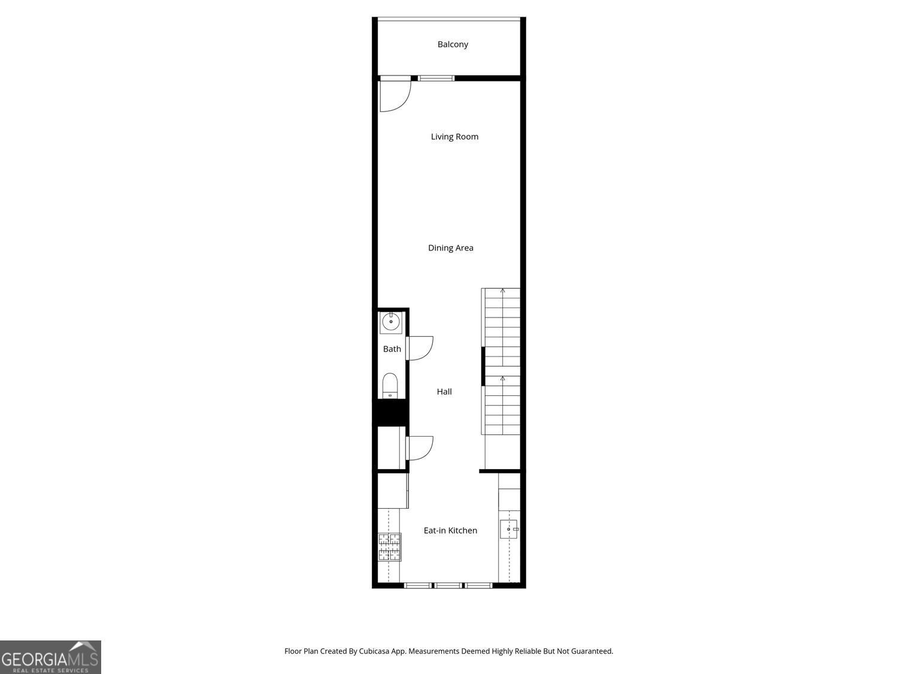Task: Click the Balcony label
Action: click(453, 44)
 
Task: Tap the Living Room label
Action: click(454, 137)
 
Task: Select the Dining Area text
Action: click(450, 248)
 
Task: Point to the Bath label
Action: click(392, 349)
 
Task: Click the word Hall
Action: click(444, 392)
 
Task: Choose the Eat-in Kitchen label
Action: click(450, 530)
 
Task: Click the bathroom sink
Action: click(391, 322)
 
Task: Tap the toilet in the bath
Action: click(390, 385)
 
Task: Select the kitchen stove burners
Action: click(390, 547)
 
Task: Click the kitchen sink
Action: click(509, 529)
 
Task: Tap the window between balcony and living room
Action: click(436, 78)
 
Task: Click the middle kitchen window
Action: click(448, 585)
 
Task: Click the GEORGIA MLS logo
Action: click(50, 657)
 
